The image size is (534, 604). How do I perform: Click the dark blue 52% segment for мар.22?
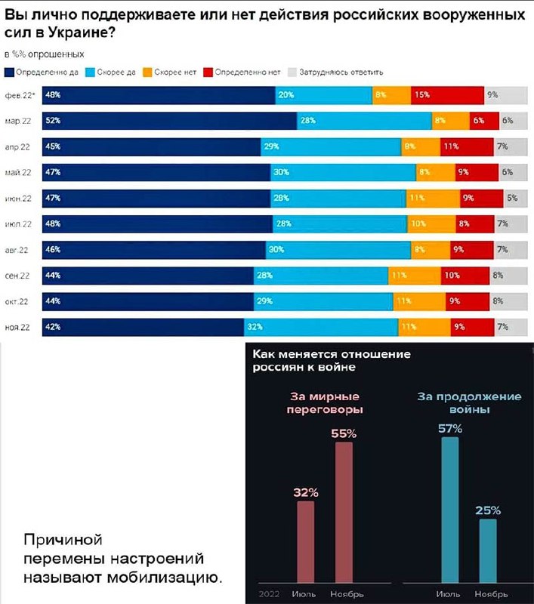[x=170, y=121]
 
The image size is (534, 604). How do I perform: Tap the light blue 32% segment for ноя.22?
[x=321, y=327]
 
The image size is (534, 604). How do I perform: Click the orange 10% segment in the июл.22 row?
[x=431, y=224]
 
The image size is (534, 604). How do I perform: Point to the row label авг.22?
[x=17, y=250]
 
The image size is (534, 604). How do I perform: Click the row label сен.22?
[x=17, y=276]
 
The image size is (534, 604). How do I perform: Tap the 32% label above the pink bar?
[x=305, y=492]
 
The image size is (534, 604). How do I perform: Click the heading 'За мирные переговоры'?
[x=325, y=403]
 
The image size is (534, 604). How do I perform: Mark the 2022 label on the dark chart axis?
[x=268, y=593]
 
